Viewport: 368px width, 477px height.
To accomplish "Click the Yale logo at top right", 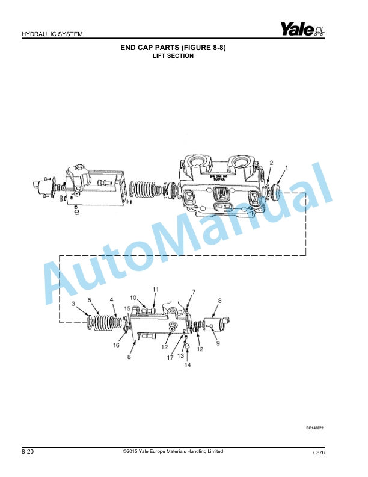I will (301, 28).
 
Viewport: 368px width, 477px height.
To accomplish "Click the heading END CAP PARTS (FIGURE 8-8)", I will (173, 48).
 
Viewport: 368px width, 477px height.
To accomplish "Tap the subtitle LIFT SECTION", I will (173, 56).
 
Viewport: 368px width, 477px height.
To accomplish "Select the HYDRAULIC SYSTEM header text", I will (52, 34).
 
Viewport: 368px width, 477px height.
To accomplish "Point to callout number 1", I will (287, 167).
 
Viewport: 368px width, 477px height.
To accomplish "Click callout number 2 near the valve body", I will (271, 163).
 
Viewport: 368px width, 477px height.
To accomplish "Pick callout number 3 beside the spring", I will (73, 305).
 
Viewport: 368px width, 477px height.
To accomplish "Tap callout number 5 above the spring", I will (90, 299).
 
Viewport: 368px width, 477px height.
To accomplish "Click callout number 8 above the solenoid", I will (220, 300).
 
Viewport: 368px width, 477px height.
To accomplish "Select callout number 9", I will (218, 343).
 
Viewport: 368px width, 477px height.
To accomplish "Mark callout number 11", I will (155, 290).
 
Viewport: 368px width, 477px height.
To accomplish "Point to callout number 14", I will (187, 365).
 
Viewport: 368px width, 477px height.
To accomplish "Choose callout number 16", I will (117, 345).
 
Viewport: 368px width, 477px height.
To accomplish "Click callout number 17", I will (170, 357).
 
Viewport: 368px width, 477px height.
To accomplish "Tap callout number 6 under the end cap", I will (129, 357).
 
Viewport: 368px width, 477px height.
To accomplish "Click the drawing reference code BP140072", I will (314, 428).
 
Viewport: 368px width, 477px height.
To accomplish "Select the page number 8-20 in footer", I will (27, 451).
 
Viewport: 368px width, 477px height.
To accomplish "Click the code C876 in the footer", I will (319, 452).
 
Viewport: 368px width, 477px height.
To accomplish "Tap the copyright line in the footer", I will (173, 451).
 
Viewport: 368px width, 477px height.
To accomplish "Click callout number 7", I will (194, 292).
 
